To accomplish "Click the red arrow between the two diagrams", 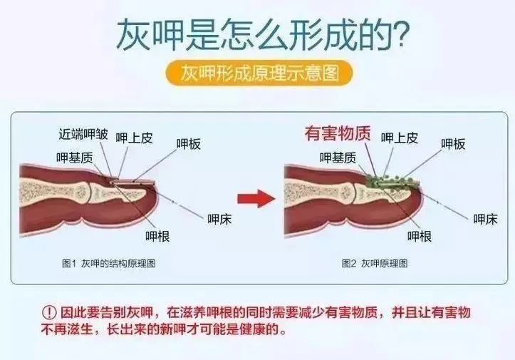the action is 256,197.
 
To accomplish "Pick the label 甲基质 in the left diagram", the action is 74,157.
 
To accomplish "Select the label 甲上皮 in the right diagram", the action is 399,138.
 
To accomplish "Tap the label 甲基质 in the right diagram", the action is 338,158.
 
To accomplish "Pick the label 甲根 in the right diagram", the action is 420,235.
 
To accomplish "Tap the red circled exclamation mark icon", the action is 48,314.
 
